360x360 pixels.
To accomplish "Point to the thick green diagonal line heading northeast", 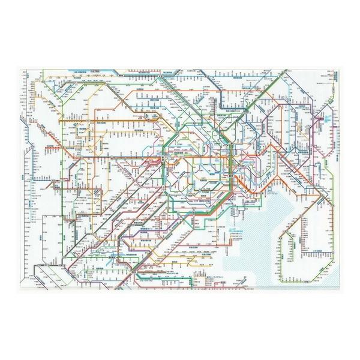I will click(252, 114).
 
